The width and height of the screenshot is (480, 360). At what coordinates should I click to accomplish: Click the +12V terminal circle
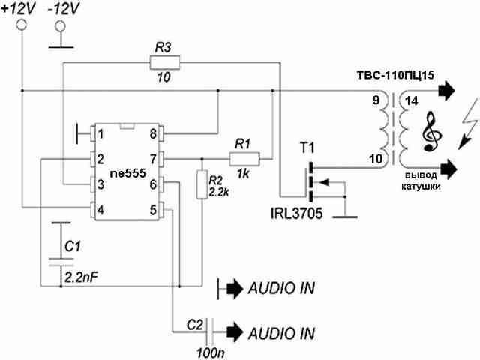(22, 25)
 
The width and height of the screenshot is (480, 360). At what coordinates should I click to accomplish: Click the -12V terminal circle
(60, 26)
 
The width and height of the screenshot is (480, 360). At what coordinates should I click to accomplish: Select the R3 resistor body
(165, 62)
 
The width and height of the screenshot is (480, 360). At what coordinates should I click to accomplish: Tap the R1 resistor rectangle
(244, 159)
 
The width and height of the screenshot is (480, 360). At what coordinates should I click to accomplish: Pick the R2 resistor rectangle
(202, 184)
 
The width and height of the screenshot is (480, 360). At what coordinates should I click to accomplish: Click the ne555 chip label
(128, 173)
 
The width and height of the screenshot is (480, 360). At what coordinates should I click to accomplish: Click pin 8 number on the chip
(153, 134)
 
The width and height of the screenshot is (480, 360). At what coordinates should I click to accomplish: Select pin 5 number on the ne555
(153, 210)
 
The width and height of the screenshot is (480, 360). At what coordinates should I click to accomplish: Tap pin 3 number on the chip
(100, 184)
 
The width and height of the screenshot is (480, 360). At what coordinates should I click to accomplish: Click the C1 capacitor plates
(61, 262)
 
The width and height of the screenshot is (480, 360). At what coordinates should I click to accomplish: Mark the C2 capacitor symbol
(210, 331)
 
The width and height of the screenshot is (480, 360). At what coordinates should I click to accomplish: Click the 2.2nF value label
(81, 277)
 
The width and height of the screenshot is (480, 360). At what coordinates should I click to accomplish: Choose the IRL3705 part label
(296, 213)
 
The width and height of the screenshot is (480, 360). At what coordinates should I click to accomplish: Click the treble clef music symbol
(432, 132)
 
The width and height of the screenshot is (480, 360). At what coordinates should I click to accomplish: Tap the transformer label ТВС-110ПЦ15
(395, 75)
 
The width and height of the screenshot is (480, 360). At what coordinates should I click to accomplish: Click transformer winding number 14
(412, 100)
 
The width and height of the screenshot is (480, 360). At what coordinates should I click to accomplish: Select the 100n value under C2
(211, 353)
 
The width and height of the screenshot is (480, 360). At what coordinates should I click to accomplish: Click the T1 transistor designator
(307, 148)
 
